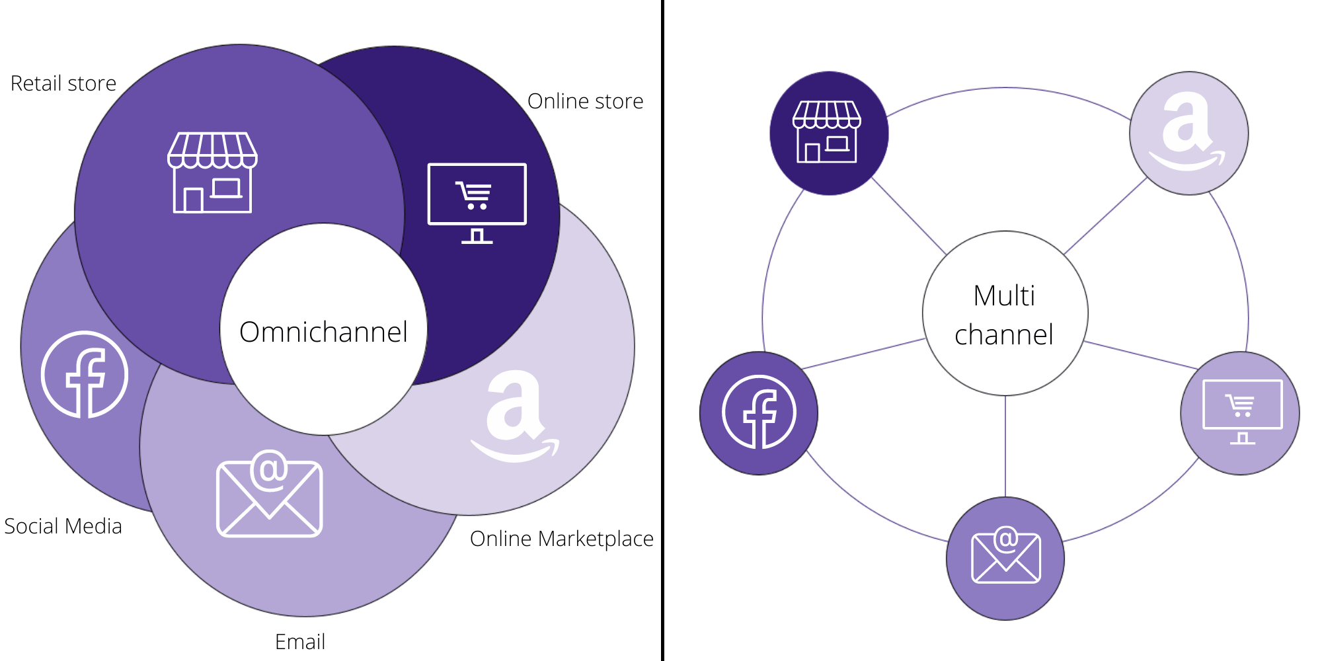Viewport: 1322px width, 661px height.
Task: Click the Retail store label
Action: pyautogui.click(x=63, y=84)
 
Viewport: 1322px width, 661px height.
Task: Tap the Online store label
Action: pyautogui.click(x=585, y=101)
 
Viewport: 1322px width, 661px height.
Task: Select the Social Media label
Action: pyautogui.click(x=63, y=526)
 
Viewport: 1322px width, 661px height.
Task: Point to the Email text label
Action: pyautogui.click(x=300, y=642)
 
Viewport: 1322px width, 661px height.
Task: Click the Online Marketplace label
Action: pyautogui.click(x=561, y=539)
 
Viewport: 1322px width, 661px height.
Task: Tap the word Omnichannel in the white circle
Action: pyautogui.click(x=323, y=332)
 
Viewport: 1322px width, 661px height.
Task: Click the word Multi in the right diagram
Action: pyautogui.click(x=1004, y=295)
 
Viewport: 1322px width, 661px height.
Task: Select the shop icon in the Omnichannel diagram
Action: pyautogui.click(x=212, y=173)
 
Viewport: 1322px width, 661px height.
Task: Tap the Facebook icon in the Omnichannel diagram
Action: pyautogui.click(x=85, y=375)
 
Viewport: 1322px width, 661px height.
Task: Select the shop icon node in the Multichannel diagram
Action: pyautogui.click(x=828, y=132)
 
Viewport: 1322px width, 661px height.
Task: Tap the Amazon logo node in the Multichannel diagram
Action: pyautogui.click(x=1188, y=132)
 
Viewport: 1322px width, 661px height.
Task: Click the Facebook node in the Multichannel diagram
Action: pyautogui.click(x=759, y=412)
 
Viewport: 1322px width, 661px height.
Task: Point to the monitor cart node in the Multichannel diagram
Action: pyautogui.click(x=1241, y=412)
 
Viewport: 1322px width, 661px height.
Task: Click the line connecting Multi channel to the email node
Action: pyautogui.click(x=1005, y=446)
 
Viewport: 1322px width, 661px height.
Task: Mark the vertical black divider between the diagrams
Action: pyautogui.click(x=662, y=330)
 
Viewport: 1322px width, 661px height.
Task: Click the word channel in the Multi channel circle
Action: pyautogui.click(x=1004, y=334)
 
